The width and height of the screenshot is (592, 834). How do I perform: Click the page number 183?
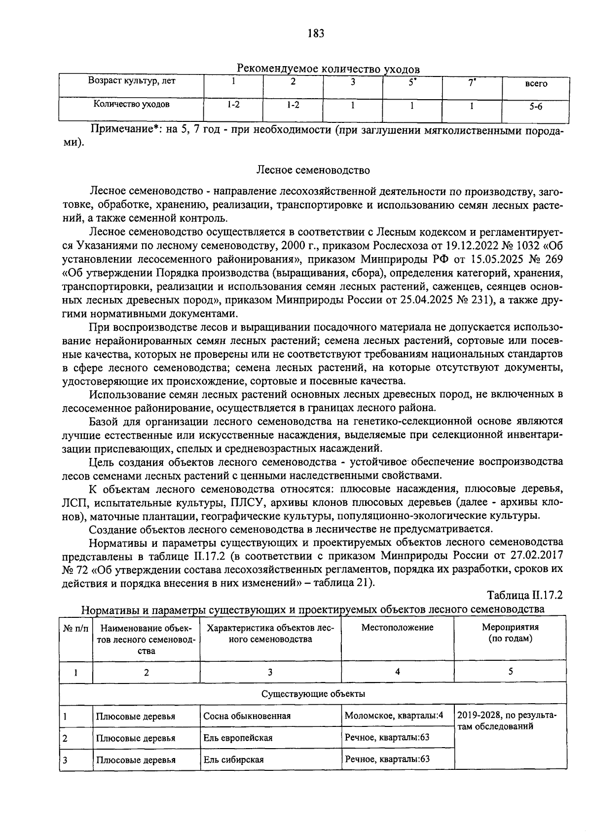(x=315, y=34)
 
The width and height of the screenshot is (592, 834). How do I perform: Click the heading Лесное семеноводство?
(x=313, y=170)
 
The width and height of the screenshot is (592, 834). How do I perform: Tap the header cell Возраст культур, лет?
(x=132, y=81)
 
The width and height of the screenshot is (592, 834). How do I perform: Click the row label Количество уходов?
(x=132, y=104)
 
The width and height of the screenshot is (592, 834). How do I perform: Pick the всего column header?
(x=536, y=83)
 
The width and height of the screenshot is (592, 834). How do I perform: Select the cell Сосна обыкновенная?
(x=247, y=716)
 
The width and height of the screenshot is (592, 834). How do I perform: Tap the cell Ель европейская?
(x=238, y=738)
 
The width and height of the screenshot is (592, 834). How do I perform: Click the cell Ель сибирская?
(x=234, y=759)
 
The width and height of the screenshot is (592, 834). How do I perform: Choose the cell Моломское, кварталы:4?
(x=394, y=715)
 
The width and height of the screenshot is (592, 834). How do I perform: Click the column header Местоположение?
(x=397, y=627)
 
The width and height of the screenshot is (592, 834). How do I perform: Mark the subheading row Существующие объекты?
(x=313, y=693)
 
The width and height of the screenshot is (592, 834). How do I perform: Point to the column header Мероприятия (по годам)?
(x=510, y=633)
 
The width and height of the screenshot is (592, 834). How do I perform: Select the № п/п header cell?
(x=76, y=628)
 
